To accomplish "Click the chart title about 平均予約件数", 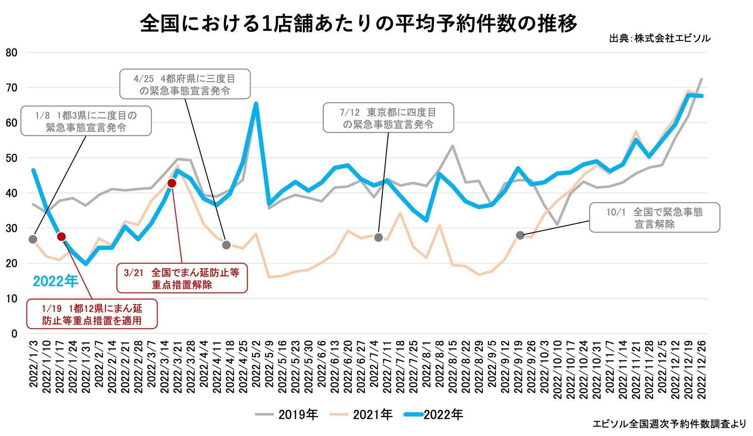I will tap(358, 24).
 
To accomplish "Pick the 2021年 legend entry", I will tap(361, 415).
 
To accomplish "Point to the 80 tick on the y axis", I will tap(12, 53).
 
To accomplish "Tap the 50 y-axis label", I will tap(12, 158).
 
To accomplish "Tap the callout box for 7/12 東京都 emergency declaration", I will tap(388, 118).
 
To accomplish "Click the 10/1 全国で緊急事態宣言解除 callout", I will tap(654, 218).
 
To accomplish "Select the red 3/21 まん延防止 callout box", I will tap(182, 278).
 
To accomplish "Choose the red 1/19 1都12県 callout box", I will tap(92, 314).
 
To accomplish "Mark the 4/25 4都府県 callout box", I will tap(185, 84).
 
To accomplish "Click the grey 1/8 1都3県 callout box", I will tap(86, 121).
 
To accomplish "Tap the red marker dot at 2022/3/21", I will tap(172, 183).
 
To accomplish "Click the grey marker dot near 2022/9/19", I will tap(520, 235).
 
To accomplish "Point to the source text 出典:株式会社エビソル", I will tap(660, 38).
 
